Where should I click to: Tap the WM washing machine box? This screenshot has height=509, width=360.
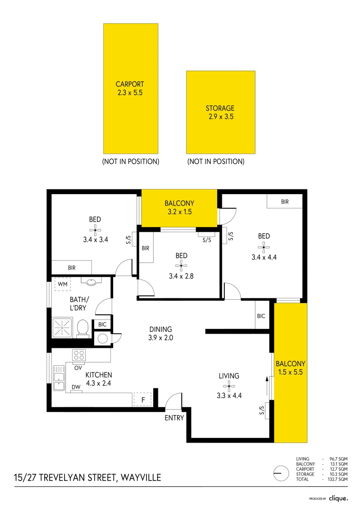click(62, 285)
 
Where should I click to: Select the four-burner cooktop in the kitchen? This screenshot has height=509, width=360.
click(78, 355)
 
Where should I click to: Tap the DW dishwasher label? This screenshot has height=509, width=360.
click(76, 387)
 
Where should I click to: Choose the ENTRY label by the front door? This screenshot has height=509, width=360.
click(174, 418)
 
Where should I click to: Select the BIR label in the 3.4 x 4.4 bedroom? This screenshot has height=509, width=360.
click(285, 202)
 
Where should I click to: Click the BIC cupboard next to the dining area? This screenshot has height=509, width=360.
click(261, 316)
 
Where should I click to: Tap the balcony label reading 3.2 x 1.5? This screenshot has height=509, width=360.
click(179, 212)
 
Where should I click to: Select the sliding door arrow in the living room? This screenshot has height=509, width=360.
click(267, 387)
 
